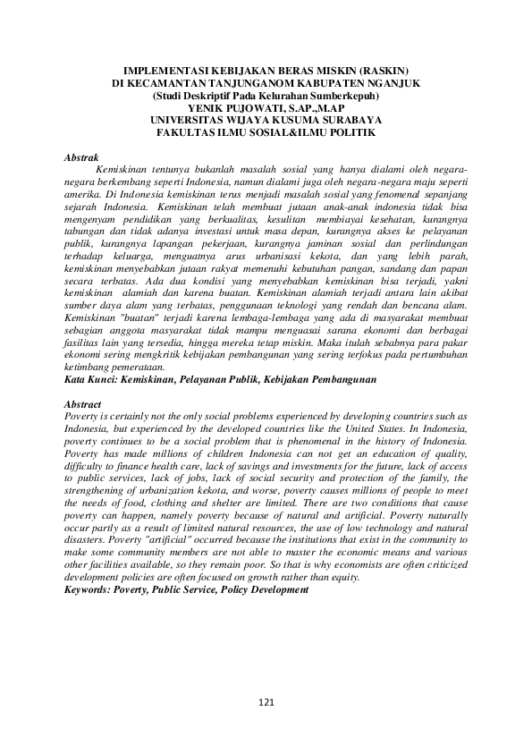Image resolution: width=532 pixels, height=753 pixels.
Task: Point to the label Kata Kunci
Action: click(x=92, y=379)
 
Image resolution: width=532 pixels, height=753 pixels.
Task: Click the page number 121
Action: click(x=266, y=703)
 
